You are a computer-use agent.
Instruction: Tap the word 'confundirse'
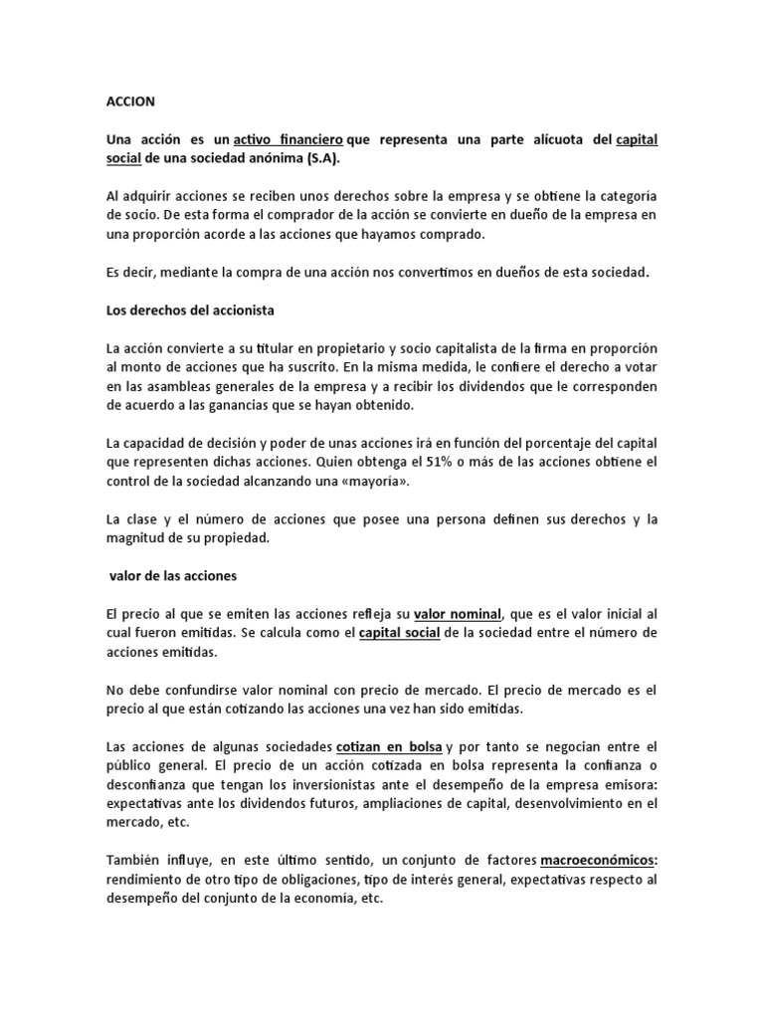click(x=213, y=690)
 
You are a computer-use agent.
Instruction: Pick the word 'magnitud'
click(x=138, y=538)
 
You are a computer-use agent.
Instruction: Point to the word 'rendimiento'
click(x=146, y=880)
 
